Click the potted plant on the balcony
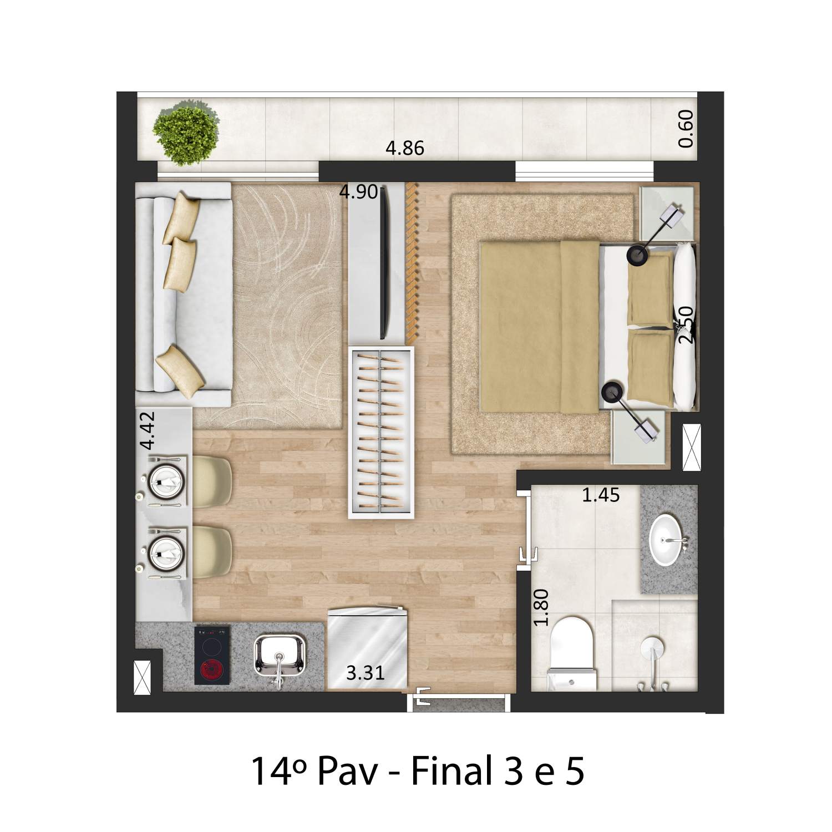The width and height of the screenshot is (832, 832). pos(185,135)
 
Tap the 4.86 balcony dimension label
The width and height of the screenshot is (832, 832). pos(405,149)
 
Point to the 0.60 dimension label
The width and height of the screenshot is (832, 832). pos(686,129)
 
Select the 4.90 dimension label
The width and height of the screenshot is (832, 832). pos(358,192)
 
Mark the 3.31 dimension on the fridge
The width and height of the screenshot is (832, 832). pos(365,673)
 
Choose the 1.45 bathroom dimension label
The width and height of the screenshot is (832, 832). pos(600,495)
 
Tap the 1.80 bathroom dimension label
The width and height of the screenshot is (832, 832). pos(542,607)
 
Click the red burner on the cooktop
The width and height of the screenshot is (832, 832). pos(212,672)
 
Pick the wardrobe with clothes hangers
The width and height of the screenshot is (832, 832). pos(382,433)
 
